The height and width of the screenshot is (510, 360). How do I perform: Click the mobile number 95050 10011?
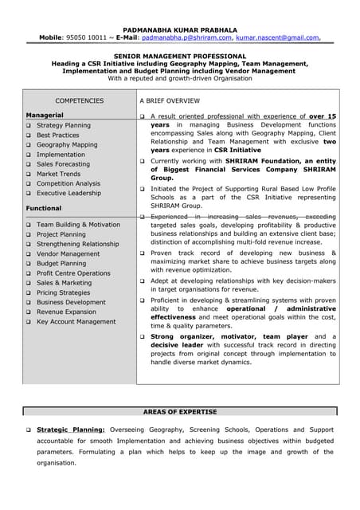pyautogui.click(x=78, y=37)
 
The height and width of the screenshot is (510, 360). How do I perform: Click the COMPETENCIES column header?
pyautogui.click(x=79, y=101)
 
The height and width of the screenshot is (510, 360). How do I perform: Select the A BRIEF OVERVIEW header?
pyautogui.click(x=170, y=101)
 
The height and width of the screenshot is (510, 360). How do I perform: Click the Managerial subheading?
pyautogui.click(x=45, y=116)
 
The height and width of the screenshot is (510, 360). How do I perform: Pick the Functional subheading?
pyautogui.click(x=44, y=208)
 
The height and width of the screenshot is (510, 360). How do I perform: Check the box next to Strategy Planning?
pyautogui.click(x=29, y=126)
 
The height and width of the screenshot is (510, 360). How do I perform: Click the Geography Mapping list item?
pyautogui.click(x=67, y=145)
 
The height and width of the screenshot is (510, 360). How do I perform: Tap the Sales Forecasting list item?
pyautogui.click(x=63, y=164)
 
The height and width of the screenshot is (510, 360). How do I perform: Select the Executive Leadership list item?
pyautogui.click(x=68, y=193)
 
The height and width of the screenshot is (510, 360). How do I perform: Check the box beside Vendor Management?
pyautogui.click(x=29, y=254)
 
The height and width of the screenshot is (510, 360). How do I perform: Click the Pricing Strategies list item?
pyautogui.click(x=64, y=292)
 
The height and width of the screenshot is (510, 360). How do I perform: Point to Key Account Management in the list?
pyautogui.click(x=76, y=321)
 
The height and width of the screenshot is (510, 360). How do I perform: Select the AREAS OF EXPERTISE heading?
pyautogui.click(x=179, y=411)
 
